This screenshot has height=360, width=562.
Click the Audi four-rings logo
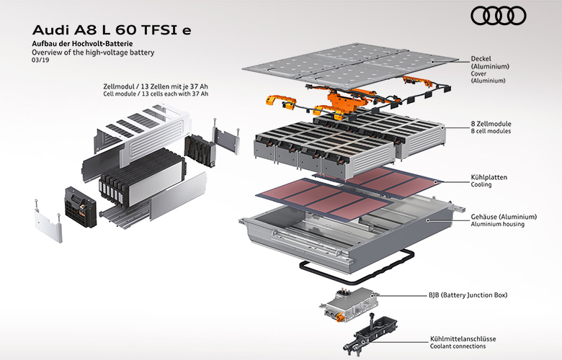(498, 16)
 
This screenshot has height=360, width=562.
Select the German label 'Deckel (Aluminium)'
(490, 63)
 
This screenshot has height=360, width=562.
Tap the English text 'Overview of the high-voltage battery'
(94, 53)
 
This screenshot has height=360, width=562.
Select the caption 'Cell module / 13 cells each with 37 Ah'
(156, 94)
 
